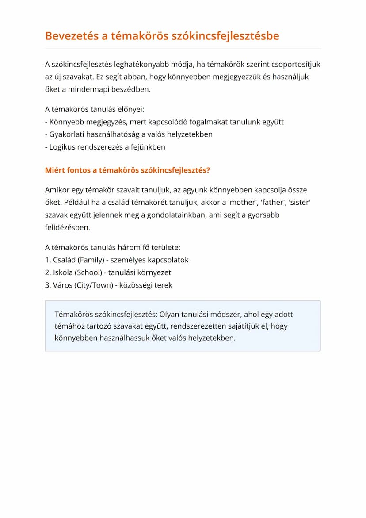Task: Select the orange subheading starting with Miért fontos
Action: pyautogui.click(x=127, y=170)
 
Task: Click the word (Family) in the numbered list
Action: pyautogui.click(x=90, y=260)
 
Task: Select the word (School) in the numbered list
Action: pyautogui.click(x=89, y=272)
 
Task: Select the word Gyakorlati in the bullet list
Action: pyautogui.click(x=67, y=134)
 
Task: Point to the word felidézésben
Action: pyautogui.click(x=67, y=228)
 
